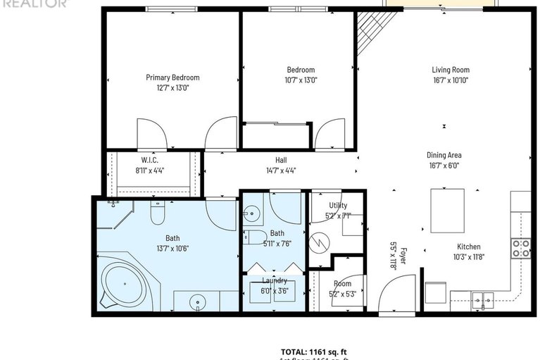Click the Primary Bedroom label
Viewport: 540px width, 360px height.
[172, 77]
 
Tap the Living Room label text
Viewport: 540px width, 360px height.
[450, 70]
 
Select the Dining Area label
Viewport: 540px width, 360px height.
[444, 155]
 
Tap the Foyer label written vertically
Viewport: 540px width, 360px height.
[398, 256]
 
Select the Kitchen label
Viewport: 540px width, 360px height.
[469, 247]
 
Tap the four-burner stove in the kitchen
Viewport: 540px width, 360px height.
[520, 247]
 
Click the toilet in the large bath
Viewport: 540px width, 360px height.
[158, 213]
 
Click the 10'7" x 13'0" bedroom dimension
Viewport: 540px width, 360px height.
[301, 80]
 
